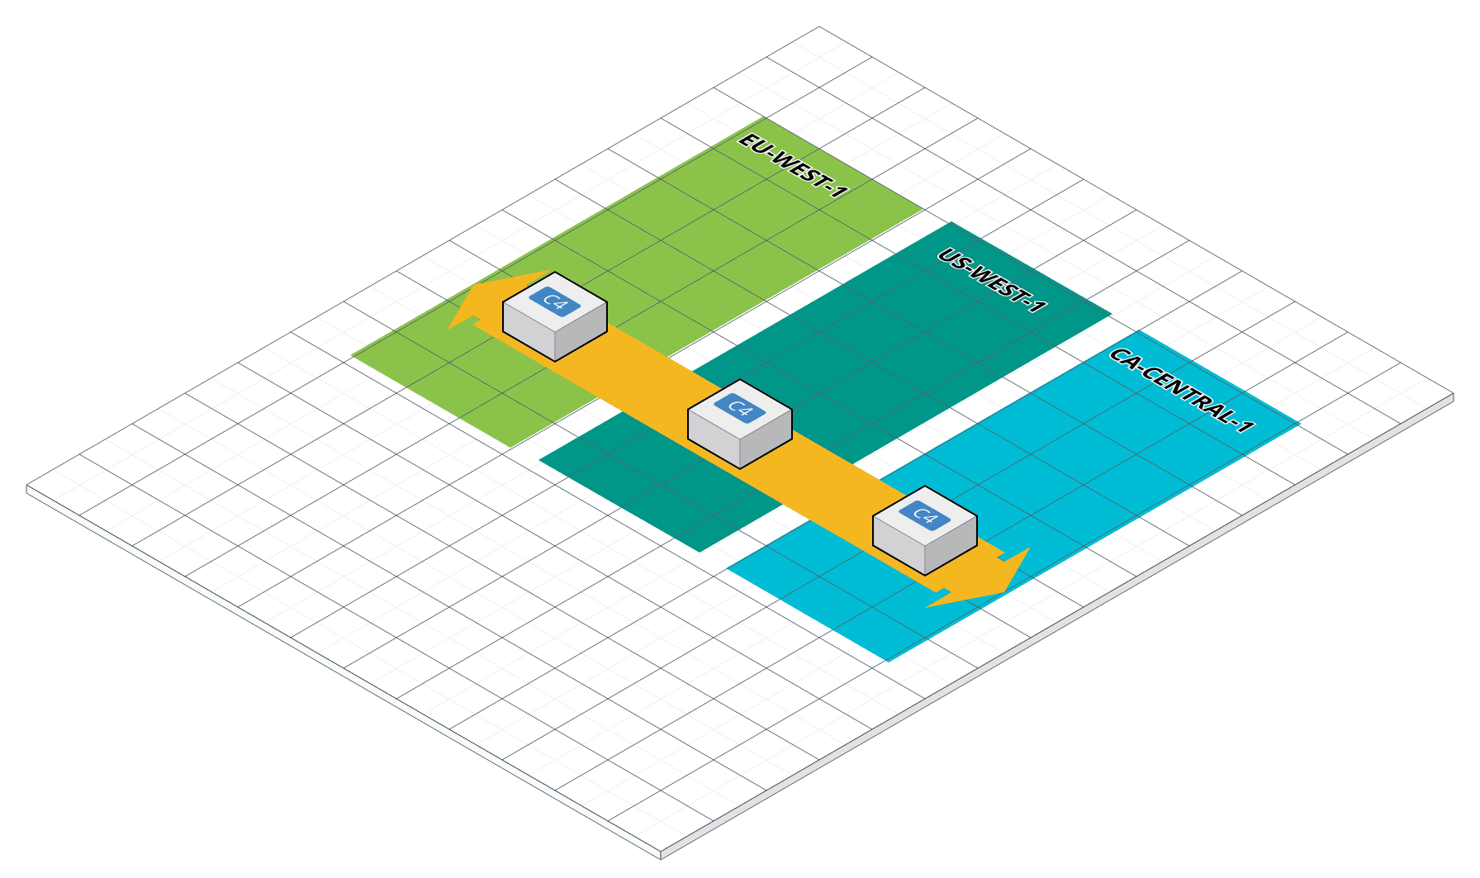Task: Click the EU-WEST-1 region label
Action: tap(793, 165)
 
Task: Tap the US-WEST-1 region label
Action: tap(992, 281)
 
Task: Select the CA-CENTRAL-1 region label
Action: tap(1182, 390)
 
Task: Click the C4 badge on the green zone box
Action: tap(555, 301)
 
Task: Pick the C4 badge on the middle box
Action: tap(740, 408)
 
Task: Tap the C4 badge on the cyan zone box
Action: tap(925, 515)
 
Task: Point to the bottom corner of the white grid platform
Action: tap(661, 853)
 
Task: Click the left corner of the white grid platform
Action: tap(30, 490)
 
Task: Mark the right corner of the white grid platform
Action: tap(1450, 399)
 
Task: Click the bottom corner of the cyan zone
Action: tap(889, 661)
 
